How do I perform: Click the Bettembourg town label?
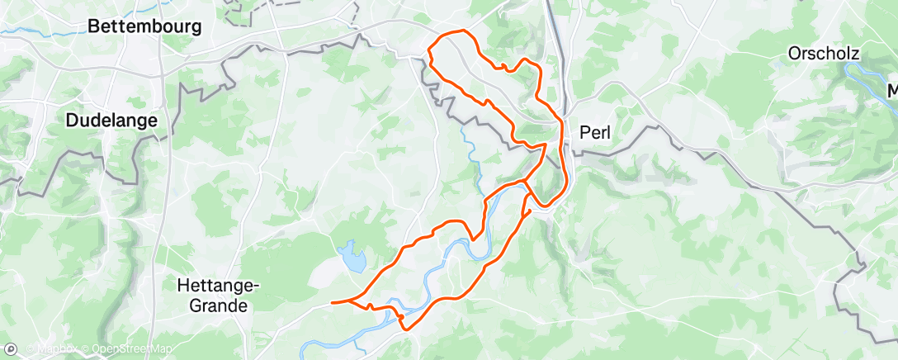click(x=144, y=26)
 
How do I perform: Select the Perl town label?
click(x=595, y=131)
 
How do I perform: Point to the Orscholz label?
click(x=824, y=54)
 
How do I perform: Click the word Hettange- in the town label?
click(x=219, y=286)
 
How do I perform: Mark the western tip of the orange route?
click(x=332, y=303)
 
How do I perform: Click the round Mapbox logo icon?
click(x=11, y=349)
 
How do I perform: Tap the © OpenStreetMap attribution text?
click(x=125, y=350)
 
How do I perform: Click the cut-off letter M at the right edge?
click(x=892, y=90)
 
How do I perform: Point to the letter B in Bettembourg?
click(x=93, y=26)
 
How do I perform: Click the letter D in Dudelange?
click(x=71, y=121)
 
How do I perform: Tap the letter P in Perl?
click(x=585, y=131)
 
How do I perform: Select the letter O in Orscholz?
click(x=794, y=54)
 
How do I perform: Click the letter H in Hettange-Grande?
click(x=183, y=286)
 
